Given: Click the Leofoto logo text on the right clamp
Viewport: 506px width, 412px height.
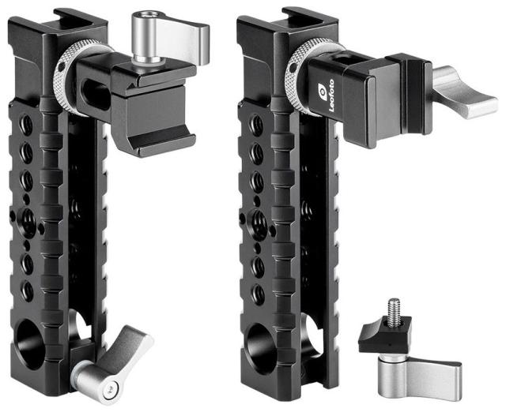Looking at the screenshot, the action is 331,96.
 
